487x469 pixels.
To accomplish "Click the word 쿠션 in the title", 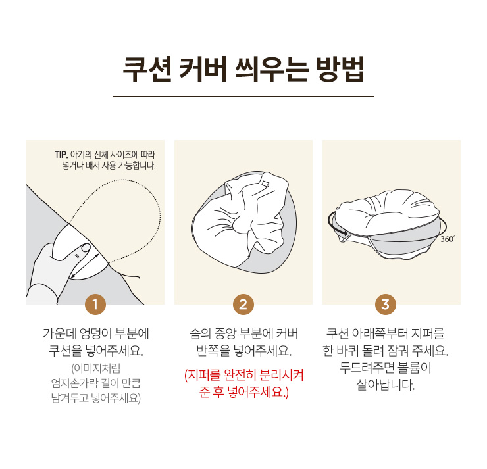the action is pos(147,69).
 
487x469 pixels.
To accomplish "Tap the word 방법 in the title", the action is pos(340,69).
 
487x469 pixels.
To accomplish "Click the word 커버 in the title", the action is pos(203,69).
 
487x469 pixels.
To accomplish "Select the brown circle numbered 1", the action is pos(95,305).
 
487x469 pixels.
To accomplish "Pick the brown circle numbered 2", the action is pos(244,305).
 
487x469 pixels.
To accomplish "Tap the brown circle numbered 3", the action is pos(386,305).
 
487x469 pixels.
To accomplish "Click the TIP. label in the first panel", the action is pos(61,155).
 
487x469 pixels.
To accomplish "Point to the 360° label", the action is pos(448,239).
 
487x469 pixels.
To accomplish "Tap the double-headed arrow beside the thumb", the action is pos(85,266).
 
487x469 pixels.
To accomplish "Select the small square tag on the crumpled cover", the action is pos(266,184).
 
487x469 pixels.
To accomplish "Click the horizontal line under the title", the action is pos(244,97).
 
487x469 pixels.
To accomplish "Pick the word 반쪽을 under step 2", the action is pos(213,351).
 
